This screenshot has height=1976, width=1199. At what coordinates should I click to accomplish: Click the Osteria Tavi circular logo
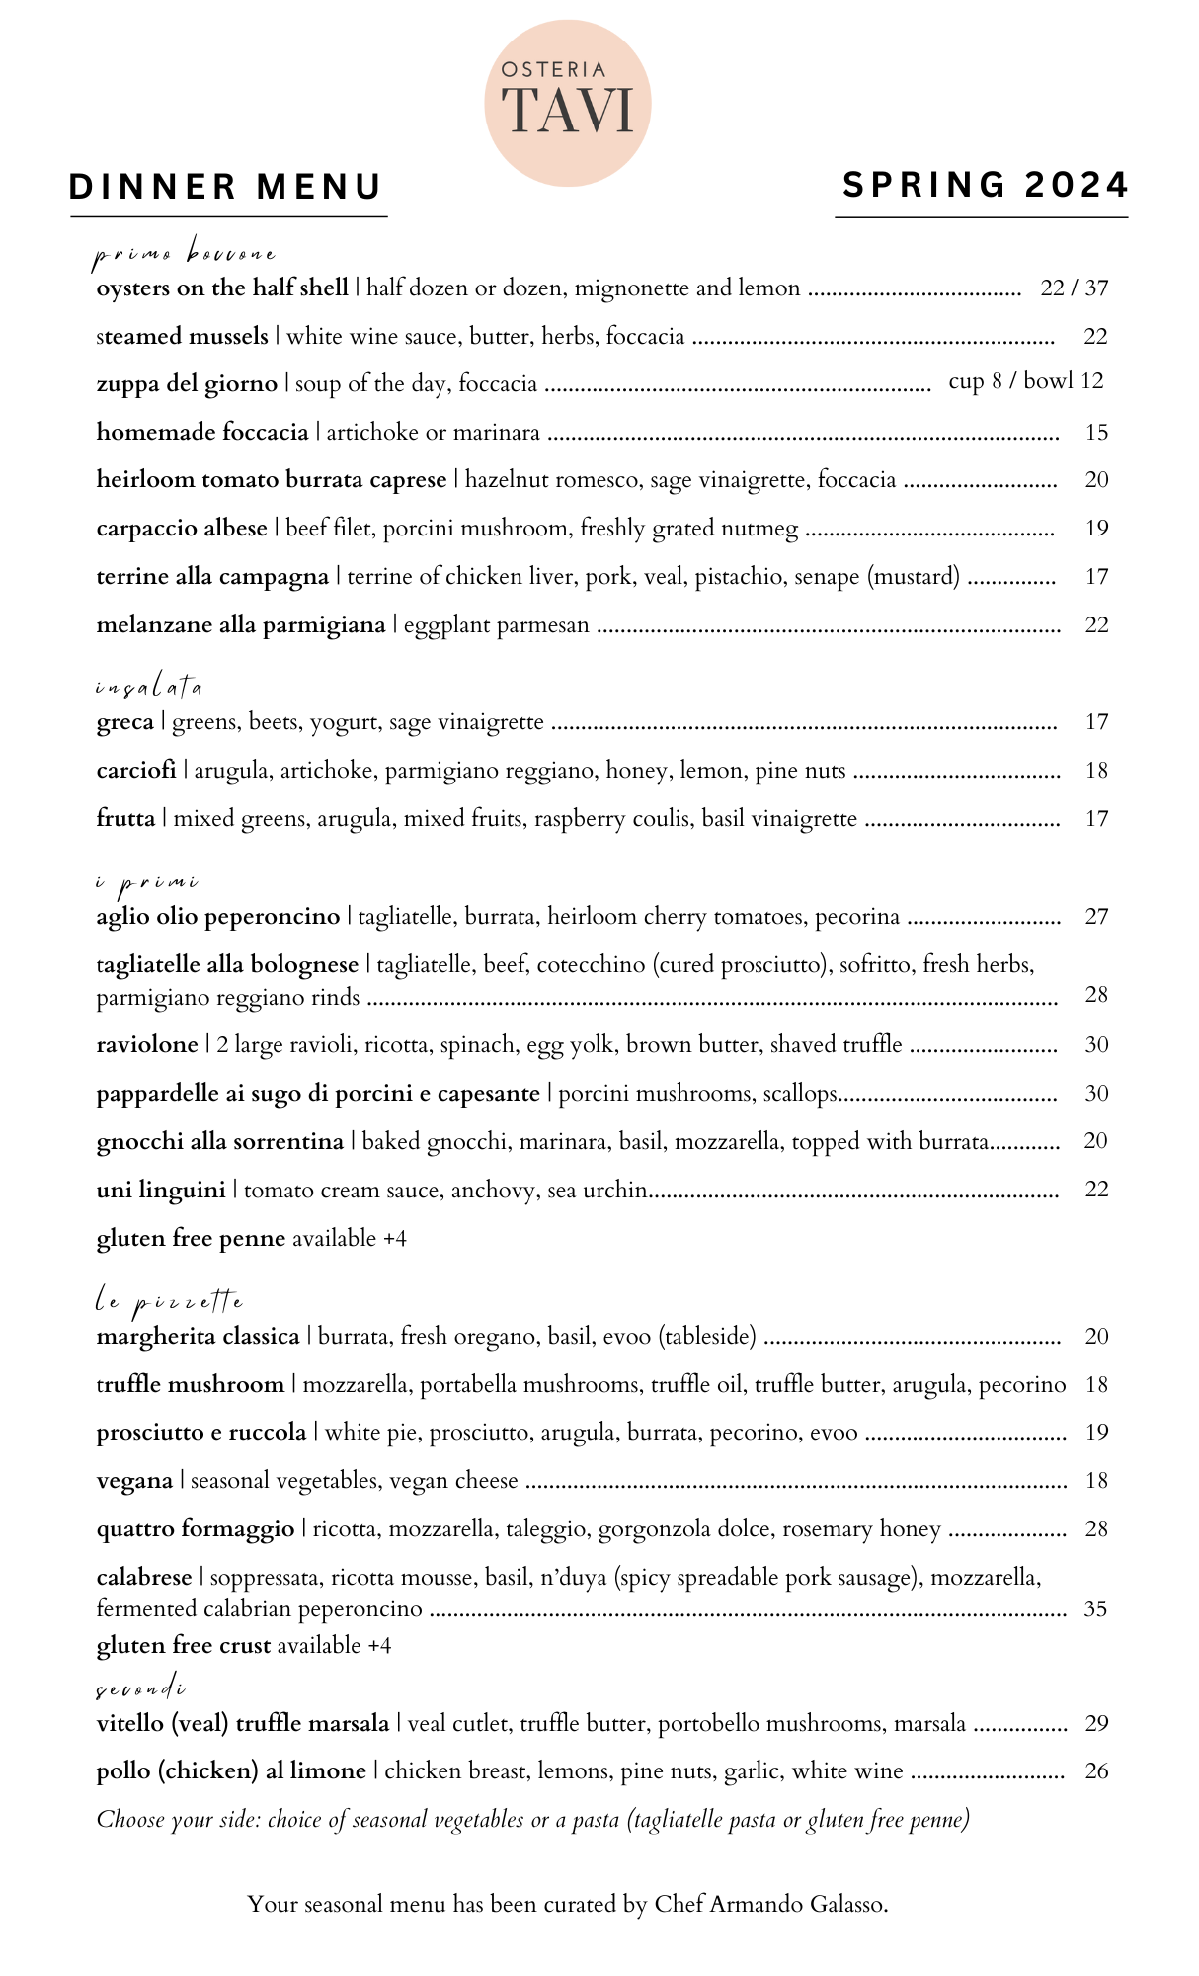pos(567,103)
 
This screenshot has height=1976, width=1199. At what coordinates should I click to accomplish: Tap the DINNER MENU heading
pos(226,187)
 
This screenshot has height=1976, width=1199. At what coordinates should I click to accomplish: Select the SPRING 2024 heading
pos(985,185)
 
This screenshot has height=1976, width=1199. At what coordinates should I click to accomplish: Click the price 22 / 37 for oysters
pos(1074,288)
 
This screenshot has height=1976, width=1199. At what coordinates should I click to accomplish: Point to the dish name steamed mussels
pos(183,337)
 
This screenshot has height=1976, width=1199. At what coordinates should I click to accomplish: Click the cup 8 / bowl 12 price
pos(1025,381)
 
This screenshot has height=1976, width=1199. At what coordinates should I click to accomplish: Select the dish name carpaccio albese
pos(182,529)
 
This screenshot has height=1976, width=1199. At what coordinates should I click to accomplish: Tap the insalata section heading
pos(149,687)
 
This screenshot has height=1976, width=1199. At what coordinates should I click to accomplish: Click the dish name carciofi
pos(136,771)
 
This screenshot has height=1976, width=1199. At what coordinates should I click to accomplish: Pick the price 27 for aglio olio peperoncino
pos(1096,917)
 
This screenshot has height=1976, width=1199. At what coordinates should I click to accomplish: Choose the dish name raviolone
pos(147,1045)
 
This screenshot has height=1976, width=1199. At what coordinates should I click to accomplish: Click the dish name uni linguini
pos(161,1190)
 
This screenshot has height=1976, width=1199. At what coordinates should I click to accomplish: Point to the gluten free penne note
pos(251,1239)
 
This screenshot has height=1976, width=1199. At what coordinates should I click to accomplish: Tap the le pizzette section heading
pos(169,1302)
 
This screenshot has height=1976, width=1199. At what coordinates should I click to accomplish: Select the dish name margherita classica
pos(198,1337)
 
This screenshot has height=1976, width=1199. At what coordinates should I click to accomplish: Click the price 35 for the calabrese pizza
pos(1095,1609)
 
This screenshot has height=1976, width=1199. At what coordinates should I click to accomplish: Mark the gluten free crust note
pos(243,1646)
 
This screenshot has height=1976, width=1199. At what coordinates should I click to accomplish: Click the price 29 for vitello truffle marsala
pos(1096,1724)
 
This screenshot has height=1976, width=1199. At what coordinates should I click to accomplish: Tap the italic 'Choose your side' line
pos(532,1820)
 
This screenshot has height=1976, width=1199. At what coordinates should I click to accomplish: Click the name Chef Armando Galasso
pos(770,1905)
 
